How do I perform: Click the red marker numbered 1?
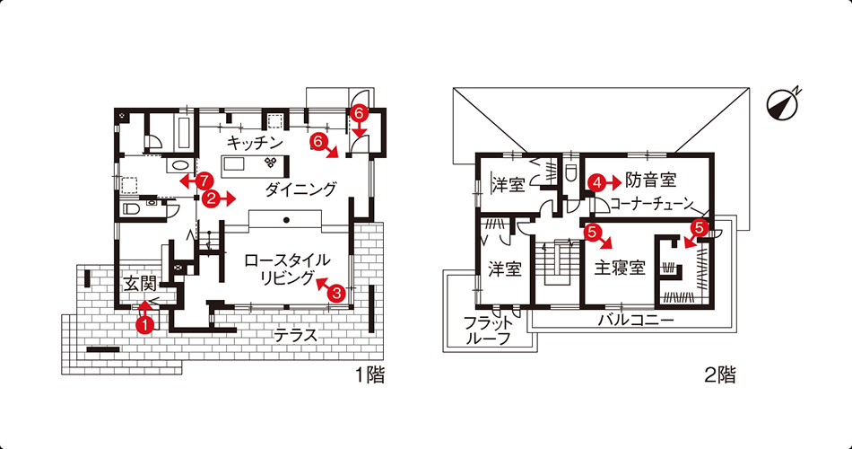click(145, 324)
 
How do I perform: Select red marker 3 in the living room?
click(337, 294)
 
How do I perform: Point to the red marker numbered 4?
click(597, 183)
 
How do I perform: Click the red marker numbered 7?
click(204, 180)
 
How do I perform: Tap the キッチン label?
click(255, 143)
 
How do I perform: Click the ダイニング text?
click(301, 189)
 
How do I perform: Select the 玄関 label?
click(140, 284)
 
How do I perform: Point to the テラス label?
click(295, 335)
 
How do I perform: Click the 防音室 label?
click(650, 180)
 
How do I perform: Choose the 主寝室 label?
click(620, 268)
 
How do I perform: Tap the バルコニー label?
click(636, 320)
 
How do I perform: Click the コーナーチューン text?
click(652, 205)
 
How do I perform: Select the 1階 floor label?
click(370, 374)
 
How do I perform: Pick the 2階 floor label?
click(720, 374)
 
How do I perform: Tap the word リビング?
click(287, 278)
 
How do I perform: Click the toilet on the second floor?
click(571, 173)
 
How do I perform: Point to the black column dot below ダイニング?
click(286, 220)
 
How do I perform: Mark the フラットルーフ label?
click(488, 330)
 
